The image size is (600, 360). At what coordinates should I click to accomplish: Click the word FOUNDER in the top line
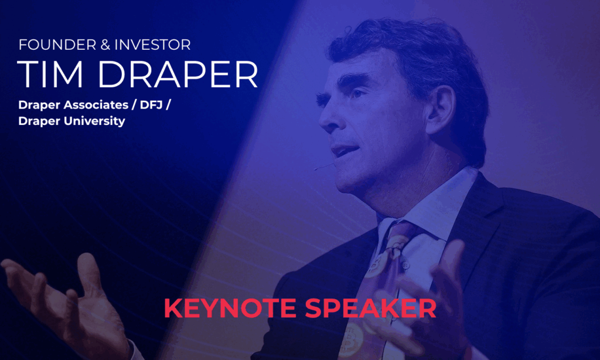(x=57, y=45)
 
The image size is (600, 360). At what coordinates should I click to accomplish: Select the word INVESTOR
(x=152, y=45)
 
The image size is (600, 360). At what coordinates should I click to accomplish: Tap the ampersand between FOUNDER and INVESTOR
(x=105, y=45)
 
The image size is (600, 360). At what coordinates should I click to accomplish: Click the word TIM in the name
(x=50, y=74)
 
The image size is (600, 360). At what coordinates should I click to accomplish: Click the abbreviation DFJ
(x=151, y=105)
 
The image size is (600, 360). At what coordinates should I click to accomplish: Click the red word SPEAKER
(x=370, y=308)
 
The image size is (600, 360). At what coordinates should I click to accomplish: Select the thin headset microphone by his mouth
(x=324, y=167)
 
